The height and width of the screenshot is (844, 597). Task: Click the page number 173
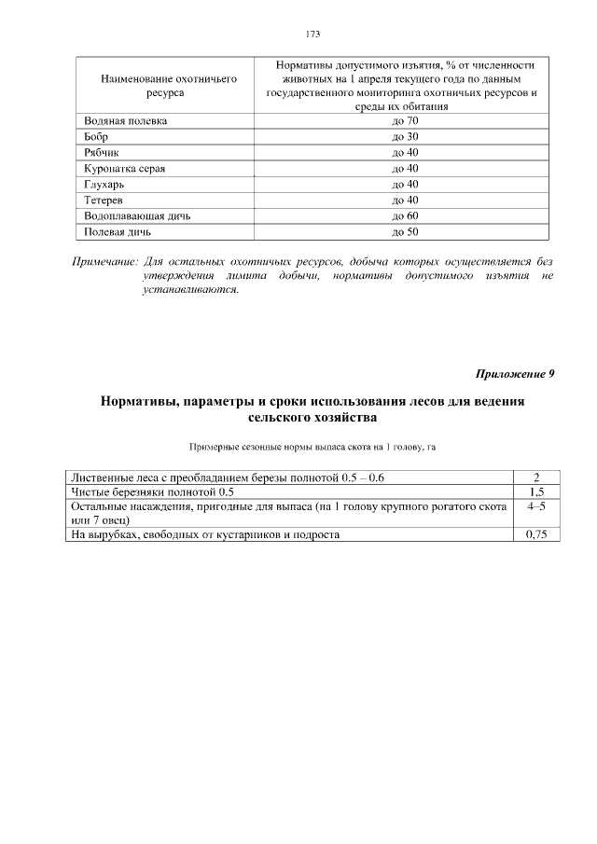pyautogui.click(x=312, y=34)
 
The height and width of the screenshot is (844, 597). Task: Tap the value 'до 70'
pyautogui.click(x=405, y=121)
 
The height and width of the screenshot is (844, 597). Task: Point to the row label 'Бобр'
pyautogui.click(x=96, y=137)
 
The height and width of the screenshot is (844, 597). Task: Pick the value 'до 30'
pyautogui.click(x=405, y=137)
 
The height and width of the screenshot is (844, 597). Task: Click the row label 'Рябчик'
pyautogui.click(x=103, y=153)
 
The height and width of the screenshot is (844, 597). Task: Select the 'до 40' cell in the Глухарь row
pyautogui.click(x=405, y=185)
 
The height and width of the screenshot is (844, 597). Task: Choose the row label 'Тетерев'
pyautogui.click(x=105, y=201)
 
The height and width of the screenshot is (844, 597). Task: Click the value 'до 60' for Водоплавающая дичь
pyautogui.click(x=405, y=216)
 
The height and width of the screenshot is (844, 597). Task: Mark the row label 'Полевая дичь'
pyautogui.click(x=117, y=232)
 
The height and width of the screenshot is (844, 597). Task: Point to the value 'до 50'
pyautogui.click(x=405, y=232)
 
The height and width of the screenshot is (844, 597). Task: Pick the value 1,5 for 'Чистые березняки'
pyautogui.click(x=536, y=491)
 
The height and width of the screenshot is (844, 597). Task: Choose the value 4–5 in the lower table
pyautogui.click(x=536, y=505)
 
